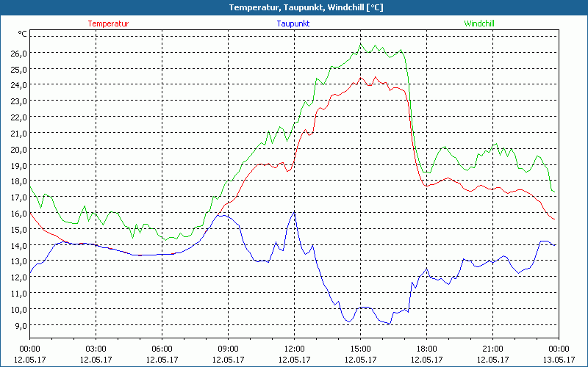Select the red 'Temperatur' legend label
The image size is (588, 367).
coord(108,23)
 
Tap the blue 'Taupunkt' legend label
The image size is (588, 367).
coord(293,23)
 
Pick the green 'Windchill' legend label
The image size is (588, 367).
coord(479,23)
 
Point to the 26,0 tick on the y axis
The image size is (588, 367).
coord(18,53)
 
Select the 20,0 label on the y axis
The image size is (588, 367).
coord(18,149)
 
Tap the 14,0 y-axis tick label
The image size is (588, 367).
coord(18,245)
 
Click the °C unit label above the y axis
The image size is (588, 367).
coord(23,34)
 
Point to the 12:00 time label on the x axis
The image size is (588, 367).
coord(294,349)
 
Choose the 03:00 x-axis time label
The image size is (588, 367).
coord(96,349)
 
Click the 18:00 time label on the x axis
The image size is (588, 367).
coord(426,349)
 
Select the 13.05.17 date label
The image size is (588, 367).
coord(558,359)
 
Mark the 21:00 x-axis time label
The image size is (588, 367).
coord(492,349)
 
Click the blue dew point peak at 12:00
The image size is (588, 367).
coord(294,212)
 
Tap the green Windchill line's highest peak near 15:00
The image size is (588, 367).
coord(360,44)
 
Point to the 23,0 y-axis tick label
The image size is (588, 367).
coord(18,101)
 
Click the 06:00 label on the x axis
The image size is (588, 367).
coord(162,349)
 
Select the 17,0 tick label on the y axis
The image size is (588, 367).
coord(18,197)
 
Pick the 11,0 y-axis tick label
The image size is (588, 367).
coord(18,293)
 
